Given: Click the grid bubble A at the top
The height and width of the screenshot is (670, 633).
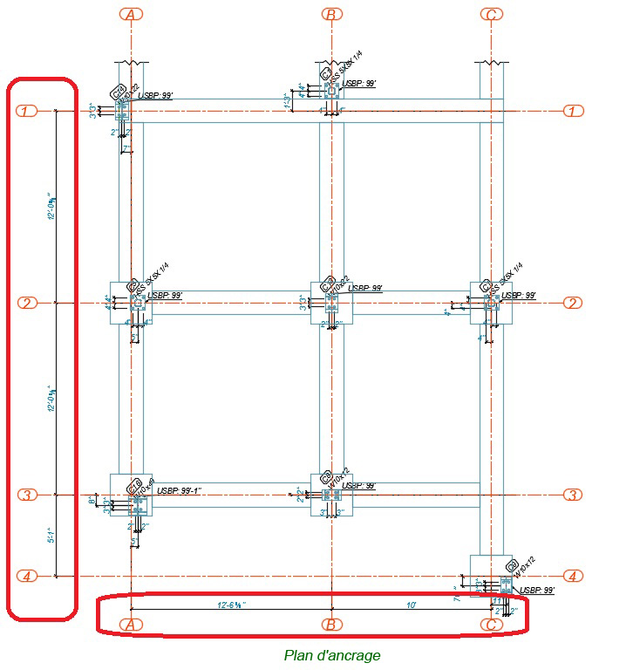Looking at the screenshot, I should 131,14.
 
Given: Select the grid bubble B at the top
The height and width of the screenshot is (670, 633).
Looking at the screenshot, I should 331,14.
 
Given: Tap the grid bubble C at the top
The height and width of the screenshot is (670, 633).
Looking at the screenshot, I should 492,14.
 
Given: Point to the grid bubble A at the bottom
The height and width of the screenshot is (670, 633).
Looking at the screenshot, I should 131,624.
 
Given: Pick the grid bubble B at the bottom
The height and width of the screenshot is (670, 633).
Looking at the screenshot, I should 331,624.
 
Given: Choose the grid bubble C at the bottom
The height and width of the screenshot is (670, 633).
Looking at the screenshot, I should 492,624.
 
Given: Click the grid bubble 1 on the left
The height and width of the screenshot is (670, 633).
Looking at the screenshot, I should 27,111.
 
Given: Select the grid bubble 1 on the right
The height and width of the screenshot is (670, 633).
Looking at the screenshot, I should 573,111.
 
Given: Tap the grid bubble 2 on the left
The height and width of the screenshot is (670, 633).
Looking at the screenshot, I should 27,303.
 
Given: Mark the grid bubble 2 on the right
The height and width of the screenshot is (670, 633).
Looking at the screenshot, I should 573,303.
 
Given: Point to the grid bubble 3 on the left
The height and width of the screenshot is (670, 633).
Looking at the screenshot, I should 27,495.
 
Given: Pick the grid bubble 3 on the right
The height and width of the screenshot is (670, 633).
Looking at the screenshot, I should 573,495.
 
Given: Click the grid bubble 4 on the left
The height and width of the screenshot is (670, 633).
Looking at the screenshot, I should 27,576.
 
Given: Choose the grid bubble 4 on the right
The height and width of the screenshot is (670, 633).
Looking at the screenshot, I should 573,576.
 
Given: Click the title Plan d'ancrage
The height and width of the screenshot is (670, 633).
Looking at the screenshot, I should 332,655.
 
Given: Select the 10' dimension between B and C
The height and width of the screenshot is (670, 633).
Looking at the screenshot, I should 412,604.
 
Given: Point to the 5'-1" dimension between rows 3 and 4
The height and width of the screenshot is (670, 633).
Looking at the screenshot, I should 51,535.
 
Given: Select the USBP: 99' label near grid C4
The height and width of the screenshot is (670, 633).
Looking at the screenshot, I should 535,591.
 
